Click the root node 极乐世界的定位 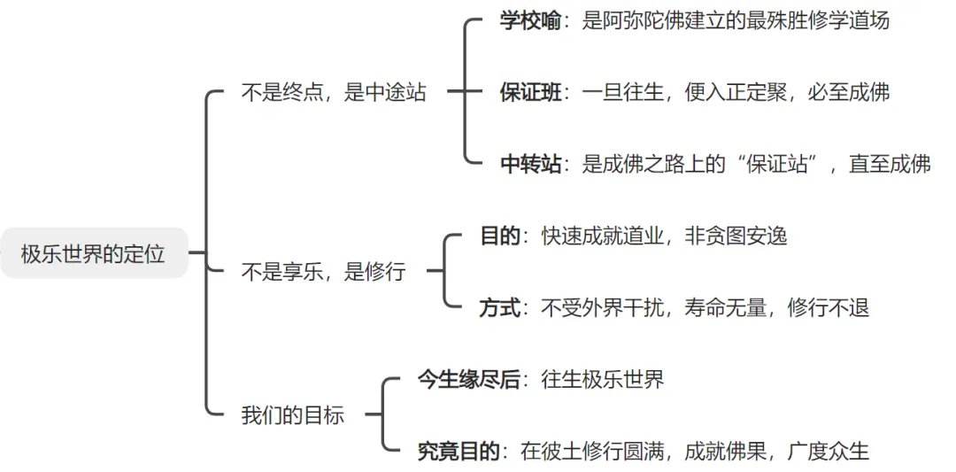coord(93,254)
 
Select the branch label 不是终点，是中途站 coord(333,92)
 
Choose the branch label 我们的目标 coord(292,414)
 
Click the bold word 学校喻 coord(530,21)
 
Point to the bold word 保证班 coord(530,92)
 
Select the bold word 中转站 coord(530,164)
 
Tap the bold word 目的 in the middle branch coord(500,236)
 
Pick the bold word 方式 coord(500,307)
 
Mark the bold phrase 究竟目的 coord(459,451)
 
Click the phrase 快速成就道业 coord(602,236)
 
